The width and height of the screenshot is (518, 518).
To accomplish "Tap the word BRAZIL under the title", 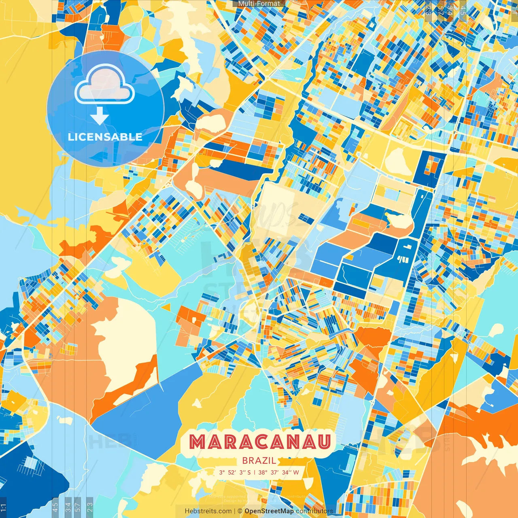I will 259,461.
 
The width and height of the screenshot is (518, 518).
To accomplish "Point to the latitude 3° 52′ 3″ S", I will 235,472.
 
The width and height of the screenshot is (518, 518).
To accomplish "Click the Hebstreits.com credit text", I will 208,511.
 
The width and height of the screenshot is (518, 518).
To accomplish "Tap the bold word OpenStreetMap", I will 269,511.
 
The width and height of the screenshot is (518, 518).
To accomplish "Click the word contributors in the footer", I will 314,511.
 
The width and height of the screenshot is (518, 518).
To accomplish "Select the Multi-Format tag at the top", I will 259,4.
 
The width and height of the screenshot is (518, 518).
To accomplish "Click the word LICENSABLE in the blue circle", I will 105,137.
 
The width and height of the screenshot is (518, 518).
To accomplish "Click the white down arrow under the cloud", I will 100,116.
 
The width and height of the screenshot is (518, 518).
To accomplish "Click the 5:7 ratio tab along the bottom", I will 78,506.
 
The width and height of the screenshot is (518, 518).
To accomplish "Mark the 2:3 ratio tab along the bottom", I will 90,506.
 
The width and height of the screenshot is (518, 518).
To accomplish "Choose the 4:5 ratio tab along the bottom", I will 55,506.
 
